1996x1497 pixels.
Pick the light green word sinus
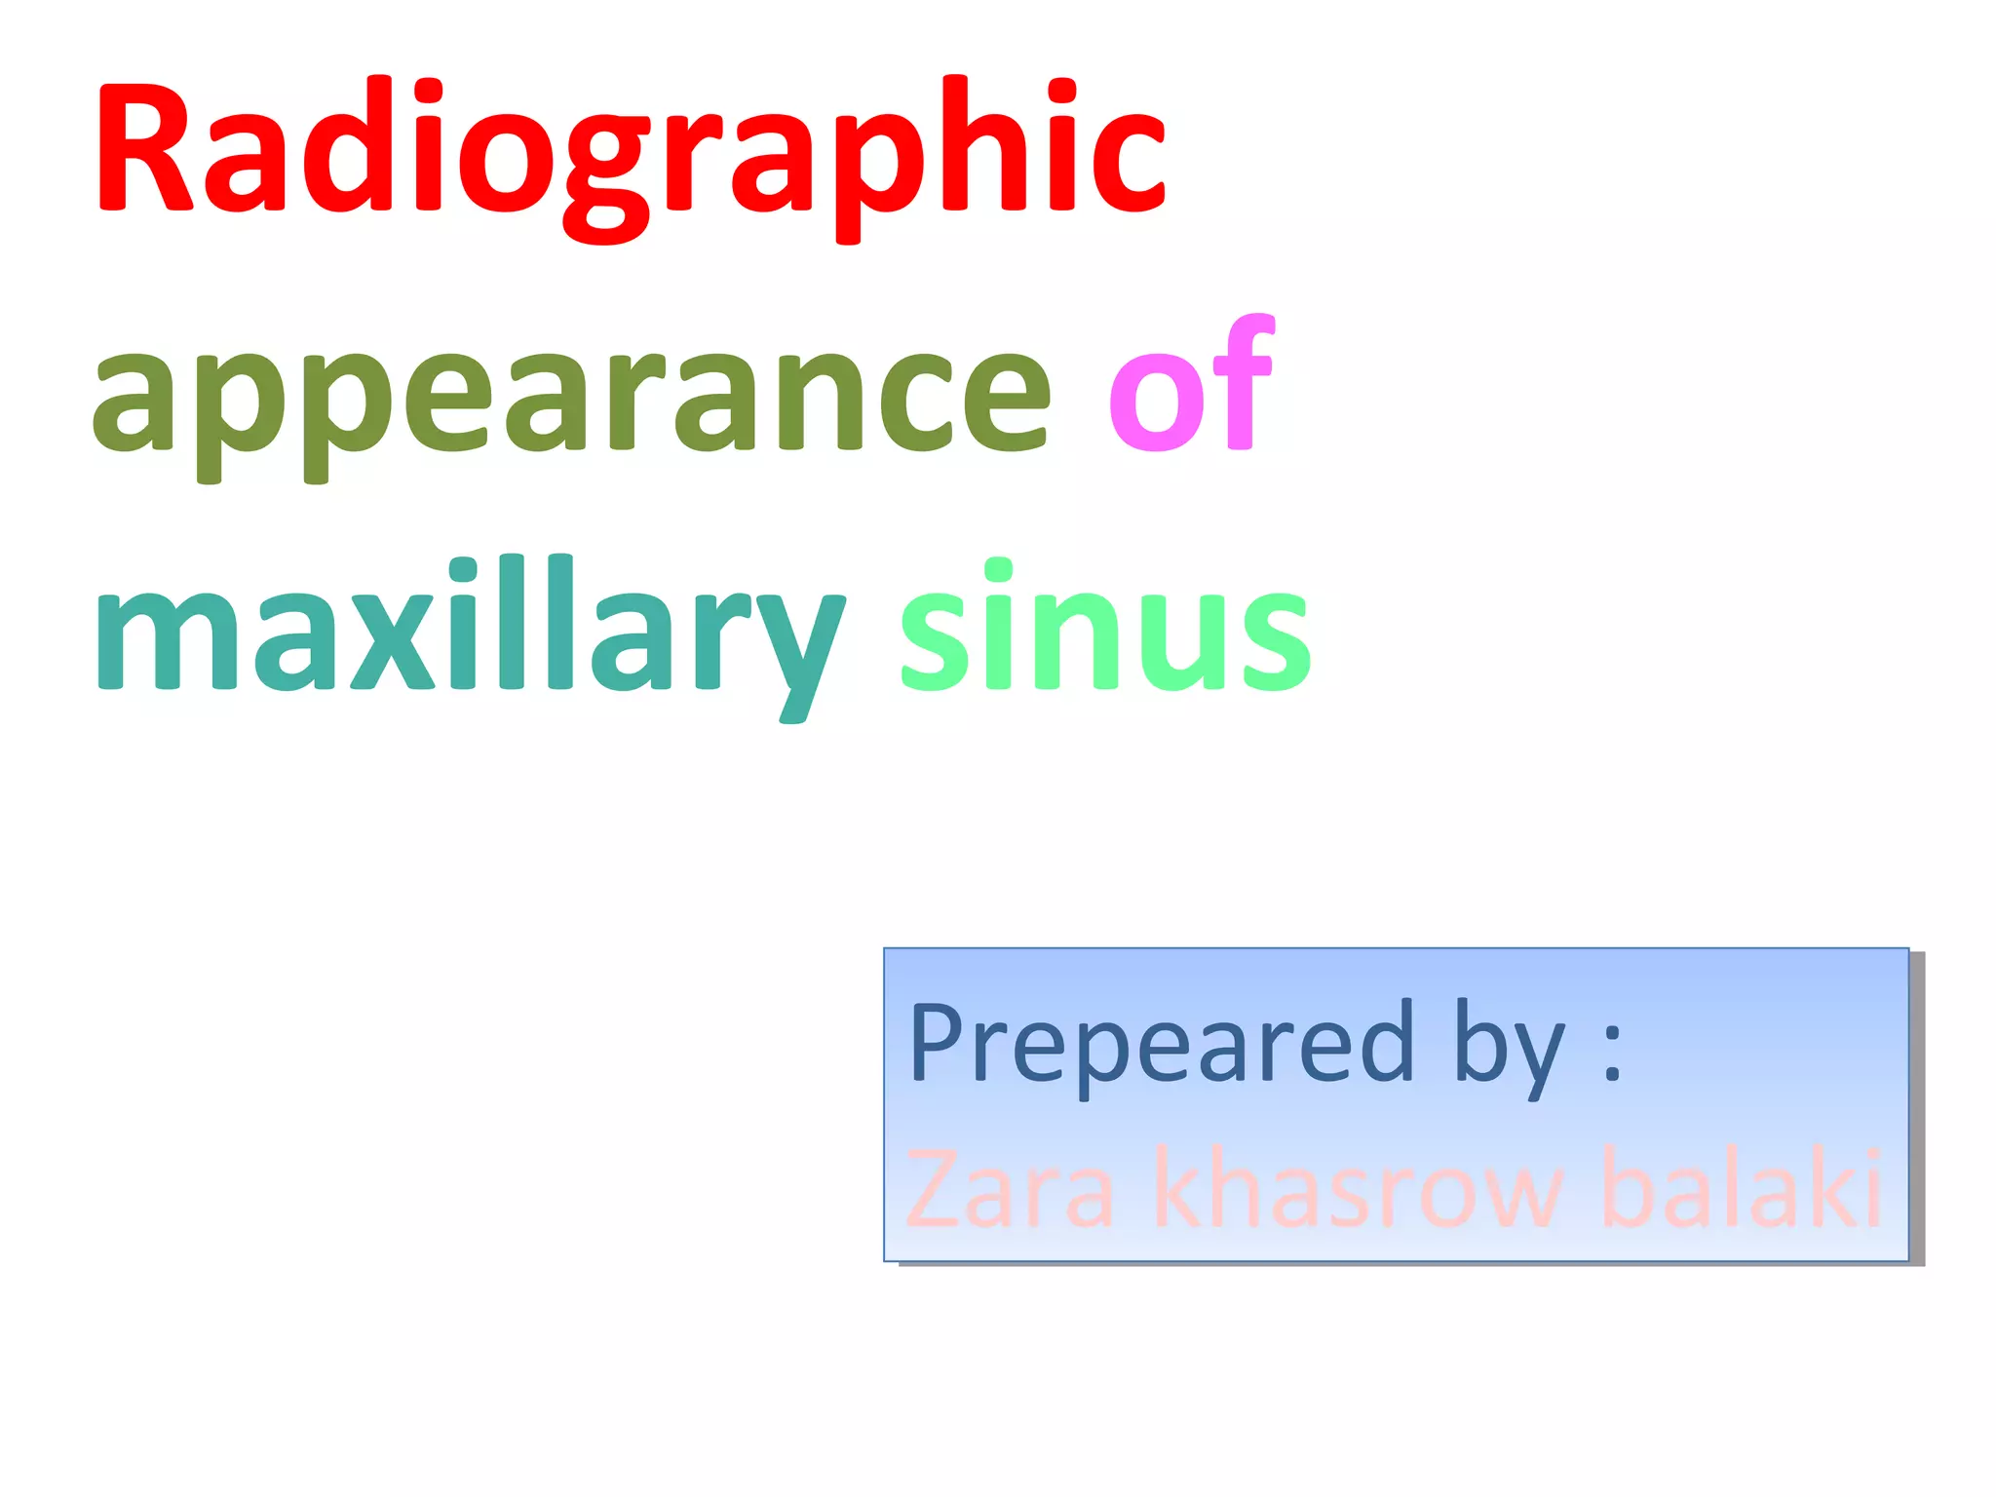pos(1105,629)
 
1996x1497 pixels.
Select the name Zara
pos(1010,1189)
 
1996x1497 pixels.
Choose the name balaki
pos(1741,1189)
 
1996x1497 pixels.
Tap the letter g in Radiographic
pos(606,175)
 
